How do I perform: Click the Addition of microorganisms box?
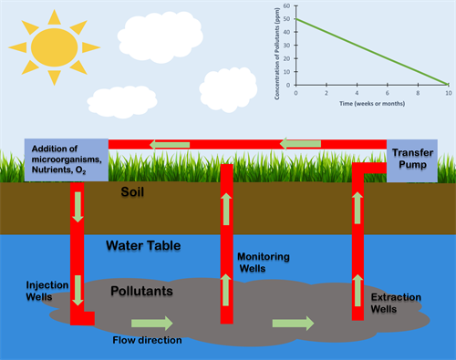point(68,159)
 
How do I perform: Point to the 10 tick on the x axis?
point(447,92)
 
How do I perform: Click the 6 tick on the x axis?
point(387,92)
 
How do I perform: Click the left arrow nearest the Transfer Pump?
point(295,144)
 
